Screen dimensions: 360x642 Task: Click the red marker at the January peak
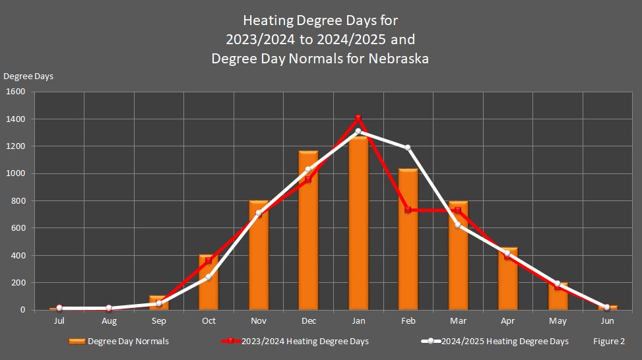click(358, 119)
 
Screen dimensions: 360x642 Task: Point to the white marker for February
click(408, 148)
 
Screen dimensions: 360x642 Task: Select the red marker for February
click(408, 210)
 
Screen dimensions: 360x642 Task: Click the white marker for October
click(209, 277)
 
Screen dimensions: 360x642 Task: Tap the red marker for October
click(209, 260)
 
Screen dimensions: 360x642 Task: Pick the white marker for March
click(457, 225)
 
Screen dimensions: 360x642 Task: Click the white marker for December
click(308, 169)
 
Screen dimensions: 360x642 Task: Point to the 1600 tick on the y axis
click(16, 92)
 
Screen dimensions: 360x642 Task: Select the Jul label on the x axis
click(59, 321)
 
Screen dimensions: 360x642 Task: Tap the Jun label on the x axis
click(607, 321)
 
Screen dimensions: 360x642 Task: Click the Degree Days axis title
click(28, 76)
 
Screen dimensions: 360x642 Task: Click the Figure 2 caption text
click(608, 341)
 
